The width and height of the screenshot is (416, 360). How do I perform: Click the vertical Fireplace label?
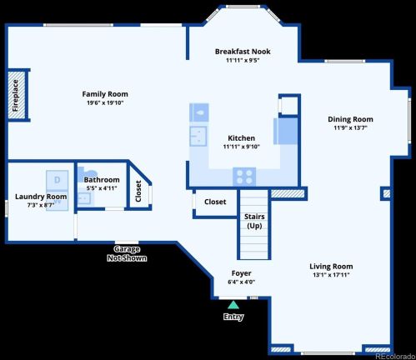(x=15, y=95)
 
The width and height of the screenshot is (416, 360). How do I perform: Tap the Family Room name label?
(x=105, y=94)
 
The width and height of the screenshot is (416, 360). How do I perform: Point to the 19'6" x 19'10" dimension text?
(x=105, y=103)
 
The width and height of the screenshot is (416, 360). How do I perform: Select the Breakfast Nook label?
(x=242, y=52)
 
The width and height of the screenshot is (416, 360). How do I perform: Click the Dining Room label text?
(x=350, y=119)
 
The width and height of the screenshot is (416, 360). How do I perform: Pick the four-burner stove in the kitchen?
(x=244, y=176)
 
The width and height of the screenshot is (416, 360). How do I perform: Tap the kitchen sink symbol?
(x=198, y=136)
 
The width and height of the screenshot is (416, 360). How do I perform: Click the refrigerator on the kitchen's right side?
(x=285, y=132)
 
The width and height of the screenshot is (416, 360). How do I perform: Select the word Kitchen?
(x=242, y=138)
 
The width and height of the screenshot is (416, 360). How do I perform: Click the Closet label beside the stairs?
(x=215, y=202)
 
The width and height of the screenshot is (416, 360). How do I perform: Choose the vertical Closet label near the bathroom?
(x=138, y=190)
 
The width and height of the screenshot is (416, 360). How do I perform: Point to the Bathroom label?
(x=102, y=180)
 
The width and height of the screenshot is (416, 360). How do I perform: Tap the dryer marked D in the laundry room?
(x=58, y=179)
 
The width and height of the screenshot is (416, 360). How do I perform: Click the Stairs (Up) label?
(x=254, y=221)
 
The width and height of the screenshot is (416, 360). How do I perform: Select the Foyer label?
(x=241, y=273)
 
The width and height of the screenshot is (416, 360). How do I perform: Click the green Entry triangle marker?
(x=233, y=305)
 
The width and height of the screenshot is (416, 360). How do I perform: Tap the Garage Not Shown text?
(x=127, y=254)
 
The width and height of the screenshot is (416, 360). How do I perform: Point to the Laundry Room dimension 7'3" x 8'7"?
(x=40, y=205)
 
